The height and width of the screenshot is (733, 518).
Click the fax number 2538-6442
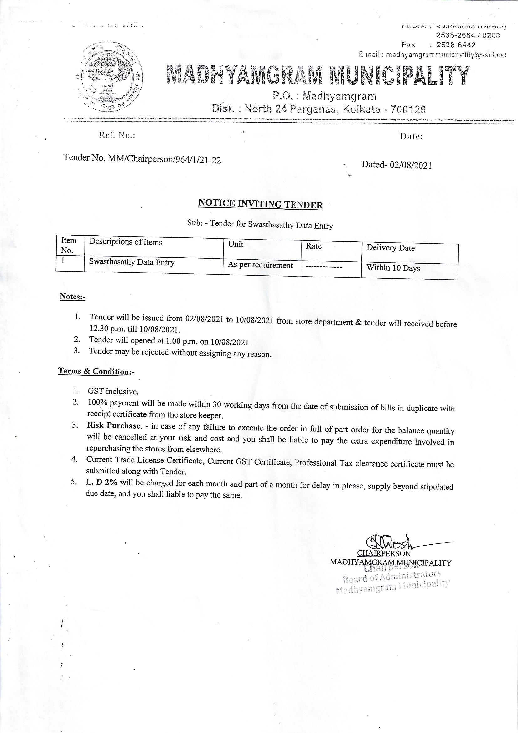456,45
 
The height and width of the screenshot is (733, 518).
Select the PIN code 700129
410,110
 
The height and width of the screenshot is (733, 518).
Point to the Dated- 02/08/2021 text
396,165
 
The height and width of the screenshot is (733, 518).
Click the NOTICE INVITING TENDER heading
261,204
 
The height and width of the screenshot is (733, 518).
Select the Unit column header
236,244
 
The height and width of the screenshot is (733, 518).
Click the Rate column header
313,246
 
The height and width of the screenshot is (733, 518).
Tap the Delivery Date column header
391,248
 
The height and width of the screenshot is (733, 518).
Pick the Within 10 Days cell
393,268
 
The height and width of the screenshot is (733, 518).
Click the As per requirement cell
260,265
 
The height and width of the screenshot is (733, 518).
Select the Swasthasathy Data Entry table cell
132,262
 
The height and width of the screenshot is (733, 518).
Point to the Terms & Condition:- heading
96,371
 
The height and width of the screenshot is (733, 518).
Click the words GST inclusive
113,391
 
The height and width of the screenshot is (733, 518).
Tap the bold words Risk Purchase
113,425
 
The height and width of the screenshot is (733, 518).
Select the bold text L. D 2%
101,483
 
